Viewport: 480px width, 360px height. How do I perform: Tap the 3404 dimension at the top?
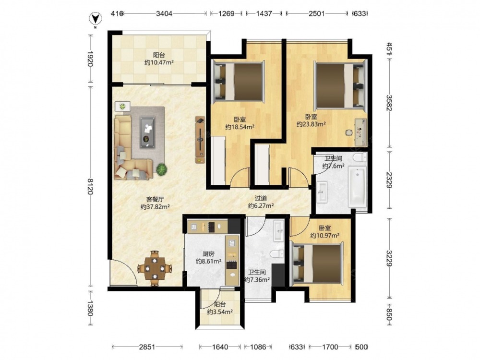point(164,13)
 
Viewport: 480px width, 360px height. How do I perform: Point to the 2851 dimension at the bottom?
point(147,347)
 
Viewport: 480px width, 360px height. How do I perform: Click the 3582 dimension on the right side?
point(389,103)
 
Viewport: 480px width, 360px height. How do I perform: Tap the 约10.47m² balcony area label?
point(159,63)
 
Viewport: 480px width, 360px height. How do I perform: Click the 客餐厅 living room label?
point(155,199)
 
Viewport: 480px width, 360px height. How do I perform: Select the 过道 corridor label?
point(261,198)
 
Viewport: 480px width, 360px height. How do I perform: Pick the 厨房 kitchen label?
point(208,254)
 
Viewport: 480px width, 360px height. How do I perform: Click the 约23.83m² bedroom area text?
point(311,124)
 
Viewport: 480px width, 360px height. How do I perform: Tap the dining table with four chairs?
point(155,268)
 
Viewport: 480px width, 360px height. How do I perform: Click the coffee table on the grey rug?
point(147,132)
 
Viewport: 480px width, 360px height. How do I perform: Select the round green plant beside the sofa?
point(161,169)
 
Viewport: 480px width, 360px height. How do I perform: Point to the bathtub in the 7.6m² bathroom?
point(357,187)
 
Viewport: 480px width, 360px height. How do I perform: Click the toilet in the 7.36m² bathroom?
point(277,254)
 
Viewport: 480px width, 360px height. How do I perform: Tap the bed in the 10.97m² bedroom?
point(316,263)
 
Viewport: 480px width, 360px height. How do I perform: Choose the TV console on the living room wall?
point(200,140)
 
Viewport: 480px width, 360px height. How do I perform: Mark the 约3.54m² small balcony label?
point(220,312)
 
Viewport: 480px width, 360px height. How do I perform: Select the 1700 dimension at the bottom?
point(330,347)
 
